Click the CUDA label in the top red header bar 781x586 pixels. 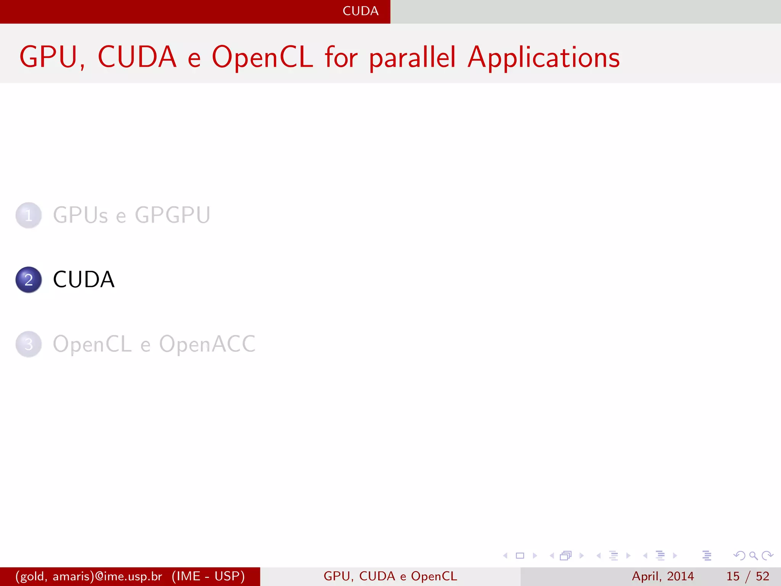pos(360,11)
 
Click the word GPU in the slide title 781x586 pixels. pos(48,57)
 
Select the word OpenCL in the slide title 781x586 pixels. pos(262,57)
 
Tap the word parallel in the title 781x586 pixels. pos(412,58)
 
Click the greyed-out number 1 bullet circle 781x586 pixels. pos(29,216)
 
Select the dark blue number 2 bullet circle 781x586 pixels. pos(29,280)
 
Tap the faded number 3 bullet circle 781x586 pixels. pos(29,344)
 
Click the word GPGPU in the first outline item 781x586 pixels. pos(172,215)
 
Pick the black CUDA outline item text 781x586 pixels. pos(84,280)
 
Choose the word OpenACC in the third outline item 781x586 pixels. pos(207,344)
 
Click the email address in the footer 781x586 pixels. pos(88,576)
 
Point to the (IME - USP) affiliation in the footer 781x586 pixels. pos(208,576)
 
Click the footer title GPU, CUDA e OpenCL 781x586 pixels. pos(390,576)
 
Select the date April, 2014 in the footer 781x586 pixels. pos(663,576)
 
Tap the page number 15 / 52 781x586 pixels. pos(747,576)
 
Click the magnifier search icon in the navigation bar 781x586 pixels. pos(753,555)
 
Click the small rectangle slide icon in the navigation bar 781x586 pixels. pos(520,555)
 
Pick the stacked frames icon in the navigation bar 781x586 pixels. pos(566,555)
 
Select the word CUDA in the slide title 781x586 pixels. pos(137,57)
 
